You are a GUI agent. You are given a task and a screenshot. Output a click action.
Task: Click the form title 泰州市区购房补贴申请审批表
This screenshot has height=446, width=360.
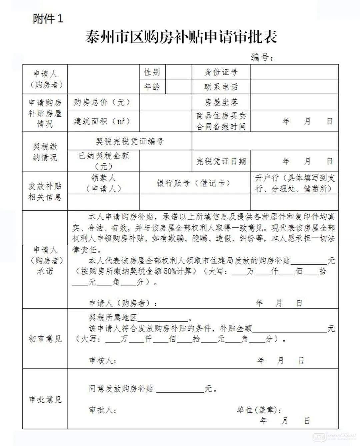(x=181, y=36)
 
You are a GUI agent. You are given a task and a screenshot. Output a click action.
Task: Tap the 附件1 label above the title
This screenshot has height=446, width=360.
(x=48, y=19)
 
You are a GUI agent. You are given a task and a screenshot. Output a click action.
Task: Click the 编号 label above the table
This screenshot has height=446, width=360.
(x=262, y=57)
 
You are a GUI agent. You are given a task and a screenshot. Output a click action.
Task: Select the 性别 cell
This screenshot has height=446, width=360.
(x=152, y=72)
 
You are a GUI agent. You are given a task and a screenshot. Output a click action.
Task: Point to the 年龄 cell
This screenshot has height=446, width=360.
(x=152, y=87)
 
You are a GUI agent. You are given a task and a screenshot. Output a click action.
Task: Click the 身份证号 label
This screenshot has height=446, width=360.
(x=221, y=72)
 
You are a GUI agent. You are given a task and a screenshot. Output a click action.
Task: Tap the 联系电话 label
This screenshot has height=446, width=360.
(x=221, y=87)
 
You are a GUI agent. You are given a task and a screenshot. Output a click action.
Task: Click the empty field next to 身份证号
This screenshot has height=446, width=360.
(x=294, y=72)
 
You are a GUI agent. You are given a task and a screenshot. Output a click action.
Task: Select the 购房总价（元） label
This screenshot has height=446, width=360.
(x=102, y=102)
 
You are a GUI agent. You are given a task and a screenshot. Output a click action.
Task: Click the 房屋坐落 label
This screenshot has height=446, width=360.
(x=221, y=102)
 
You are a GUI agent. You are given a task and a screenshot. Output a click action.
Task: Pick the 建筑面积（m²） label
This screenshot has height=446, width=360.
(x=102, y=121)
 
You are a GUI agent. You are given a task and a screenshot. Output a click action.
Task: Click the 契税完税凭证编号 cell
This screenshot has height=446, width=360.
(x=130, y=141)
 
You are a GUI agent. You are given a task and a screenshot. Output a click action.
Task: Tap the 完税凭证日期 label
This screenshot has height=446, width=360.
(x=221, y=162)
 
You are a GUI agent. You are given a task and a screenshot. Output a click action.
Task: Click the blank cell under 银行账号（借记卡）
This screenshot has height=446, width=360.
(x=195, y=202)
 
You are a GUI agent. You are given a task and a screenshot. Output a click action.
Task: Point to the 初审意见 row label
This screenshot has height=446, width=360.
(x=45, y=339)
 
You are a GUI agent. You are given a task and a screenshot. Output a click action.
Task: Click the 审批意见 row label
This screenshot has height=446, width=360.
(x=45, y=399)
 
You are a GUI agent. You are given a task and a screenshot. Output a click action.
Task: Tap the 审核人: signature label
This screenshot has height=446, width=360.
(x=103, y=361)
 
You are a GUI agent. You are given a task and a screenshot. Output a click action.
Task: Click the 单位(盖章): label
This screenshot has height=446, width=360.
(x=259, y=410)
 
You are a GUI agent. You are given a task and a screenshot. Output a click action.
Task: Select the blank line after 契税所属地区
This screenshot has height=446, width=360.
(x=163, y=318)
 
